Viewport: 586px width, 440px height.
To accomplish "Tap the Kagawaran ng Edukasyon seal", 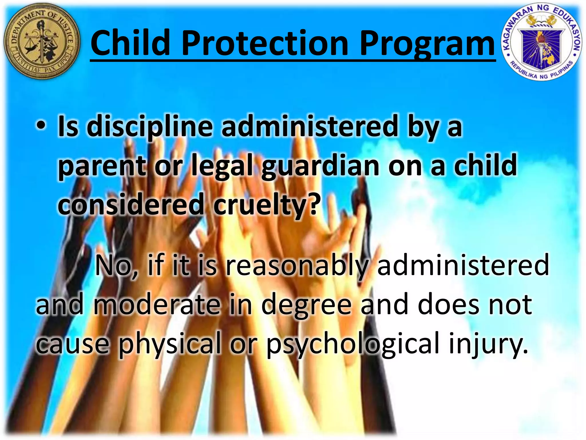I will pyautogui.click(x=542, y=42).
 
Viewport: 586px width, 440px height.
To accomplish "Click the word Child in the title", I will pyautogui.click(x=130, y=43).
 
